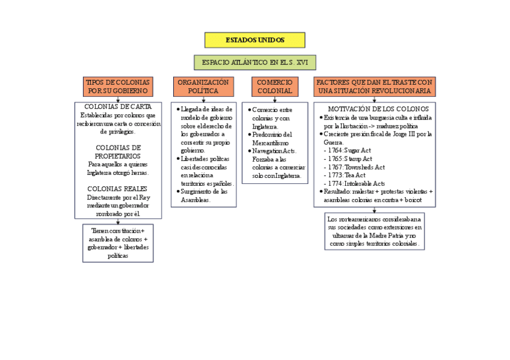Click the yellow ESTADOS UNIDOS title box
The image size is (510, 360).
[254, 40]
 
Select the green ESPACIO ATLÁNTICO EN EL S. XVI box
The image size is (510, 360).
[254, 63]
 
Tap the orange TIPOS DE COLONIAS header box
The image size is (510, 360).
[117, 87]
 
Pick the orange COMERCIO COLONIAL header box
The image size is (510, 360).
[274, 87]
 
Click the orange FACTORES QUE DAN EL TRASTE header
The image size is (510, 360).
[374, 87]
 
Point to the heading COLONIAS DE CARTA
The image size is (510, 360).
[118, 107]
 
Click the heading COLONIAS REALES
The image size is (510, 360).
[118, 189]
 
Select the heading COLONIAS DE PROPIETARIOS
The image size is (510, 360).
[118, 152]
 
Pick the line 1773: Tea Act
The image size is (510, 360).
[347, 175]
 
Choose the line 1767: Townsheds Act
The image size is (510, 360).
[357, 167]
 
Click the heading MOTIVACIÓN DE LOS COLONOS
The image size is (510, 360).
[378, 109]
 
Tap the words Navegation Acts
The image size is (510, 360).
[274, 151]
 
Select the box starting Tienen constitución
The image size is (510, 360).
[118, 243]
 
